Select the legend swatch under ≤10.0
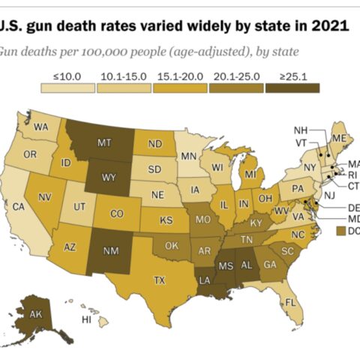(67, 87)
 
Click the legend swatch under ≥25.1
(292, 87)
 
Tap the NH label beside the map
(301, 130)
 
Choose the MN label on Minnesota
(189, 157)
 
